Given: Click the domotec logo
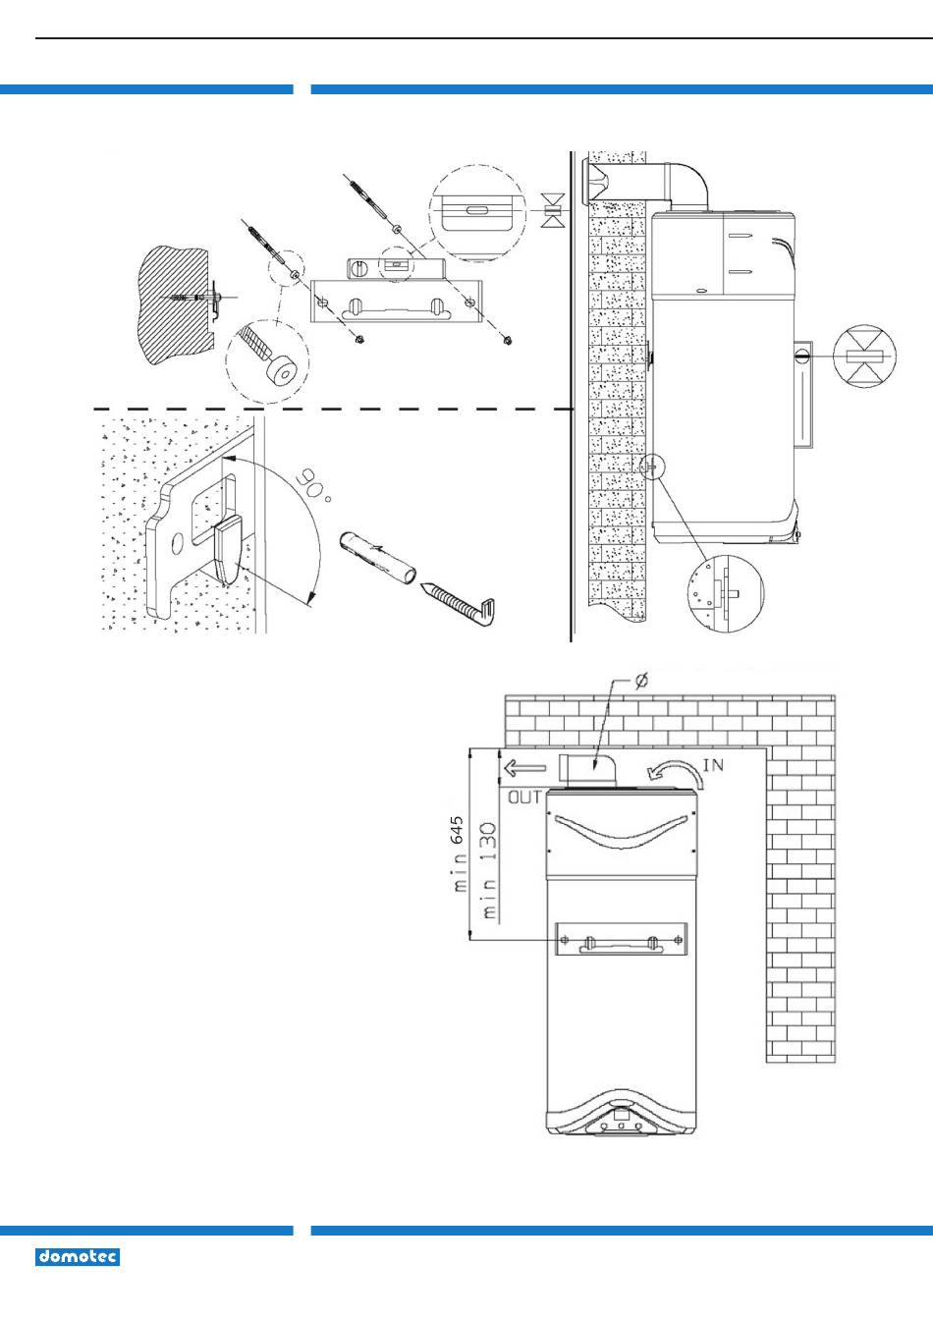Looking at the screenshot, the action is [x=78, y=1257].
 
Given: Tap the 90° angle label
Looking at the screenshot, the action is [x=313, y=485].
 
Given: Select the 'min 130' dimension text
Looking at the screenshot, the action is [x=490, y=871].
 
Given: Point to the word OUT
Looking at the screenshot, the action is [x=524, y=797].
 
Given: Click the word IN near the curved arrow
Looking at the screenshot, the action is [x=713, y=765].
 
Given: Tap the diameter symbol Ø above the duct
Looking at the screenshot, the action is [x=642, y=682].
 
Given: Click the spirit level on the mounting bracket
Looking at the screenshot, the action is [x=394, y=267].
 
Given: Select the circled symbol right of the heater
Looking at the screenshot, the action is [x=864, y=356].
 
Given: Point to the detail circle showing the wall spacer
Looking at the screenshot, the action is [x=726, y=593].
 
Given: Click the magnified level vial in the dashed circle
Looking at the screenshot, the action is [x=477, y=213].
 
